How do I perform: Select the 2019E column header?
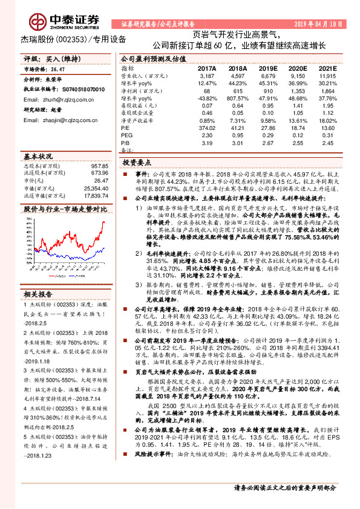pyautogui.click(x=266, y=70)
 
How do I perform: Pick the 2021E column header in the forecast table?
pyautogui.click(x=327, y=70)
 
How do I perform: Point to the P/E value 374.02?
pyautogui.click(x=206, y=128)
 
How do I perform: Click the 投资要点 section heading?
pyautogui.click(x=137, y=163)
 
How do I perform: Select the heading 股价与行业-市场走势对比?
pyautogui.click(x=65, y=209)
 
